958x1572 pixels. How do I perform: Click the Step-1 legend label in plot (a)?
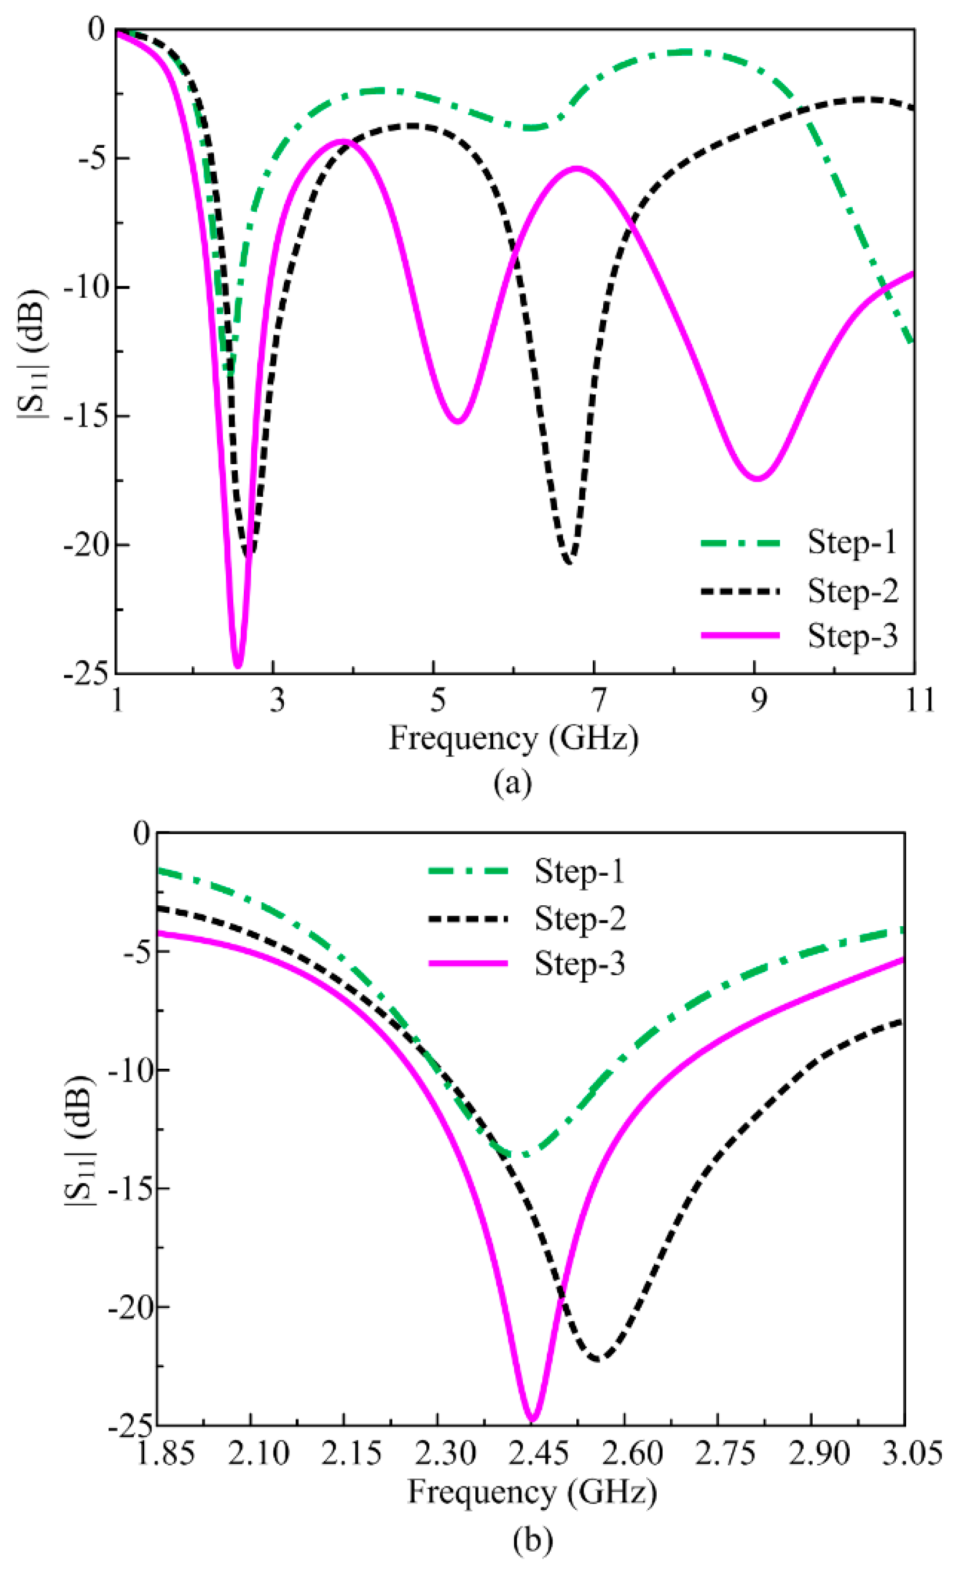point(852,543)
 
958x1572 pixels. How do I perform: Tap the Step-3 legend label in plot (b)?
point(579,964)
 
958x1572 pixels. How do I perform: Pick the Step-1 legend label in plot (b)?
point(579,872)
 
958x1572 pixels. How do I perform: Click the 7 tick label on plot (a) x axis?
point(597,700)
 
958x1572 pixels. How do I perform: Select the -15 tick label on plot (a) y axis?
point(87,416)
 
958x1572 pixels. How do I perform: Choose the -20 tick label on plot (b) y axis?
point(131,1307)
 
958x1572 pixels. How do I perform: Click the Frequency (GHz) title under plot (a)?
point(514,739)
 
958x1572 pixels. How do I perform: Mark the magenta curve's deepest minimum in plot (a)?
point(238,666)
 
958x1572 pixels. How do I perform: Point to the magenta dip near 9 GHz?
point(757,478)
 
